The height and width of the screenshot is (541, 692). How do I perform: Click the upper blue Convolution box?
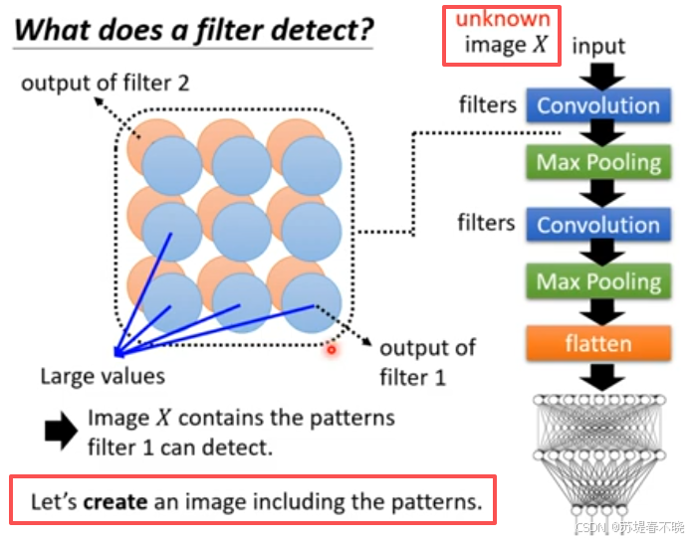[x=598, y=105]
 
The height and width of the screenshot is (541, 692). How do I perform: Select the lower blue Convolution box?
[x=598, y=224]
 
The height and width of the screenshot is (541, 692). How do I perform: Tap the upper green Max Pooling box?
[x=598, y=162]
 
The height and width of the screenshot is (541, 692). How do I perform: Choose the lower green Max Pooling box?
[x=598, y=281]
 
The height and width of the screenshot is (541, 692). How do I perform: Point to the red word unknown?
[x=503, y=19]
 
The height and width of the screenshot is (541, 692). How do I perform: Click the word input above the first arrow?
[x=599, y=45]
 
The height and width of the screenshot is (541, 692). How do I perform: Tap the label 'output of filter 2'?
[x=106, y=83]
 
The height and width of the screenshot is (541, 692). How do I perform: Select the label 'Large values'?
[x=103, y=376]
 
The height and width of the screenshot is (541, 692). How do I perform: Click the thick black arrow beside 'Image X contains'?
[x=60, y=431]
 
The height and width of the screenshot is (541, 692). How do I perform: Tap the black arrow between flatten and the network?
[x=599, y=376]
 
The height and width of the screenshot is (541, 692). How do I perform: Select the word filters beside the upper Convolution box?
[x=487, y=103]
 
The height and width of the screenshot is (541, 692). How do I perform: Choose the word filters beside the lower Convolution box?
[x=487, y=222]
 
